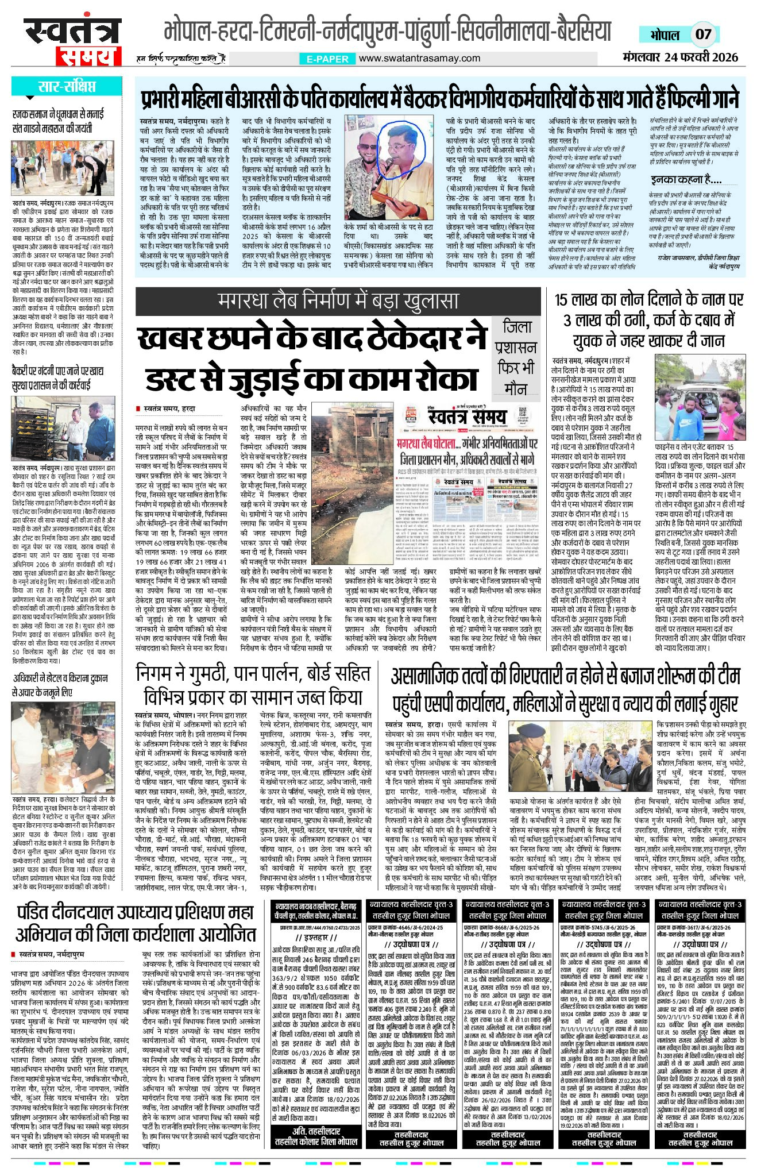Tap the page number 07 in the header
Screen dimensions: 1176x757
tap(703, 34)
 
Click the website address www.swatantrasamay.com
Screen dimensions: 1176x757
tap(420, 58)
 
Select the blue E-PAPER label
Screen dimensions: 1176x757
tap(327, 59)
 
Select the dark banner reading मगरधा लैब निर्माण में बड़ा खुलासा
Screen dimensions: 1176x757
tap(338, 301)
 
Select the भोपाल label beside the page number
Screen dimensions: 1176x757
tap(665, 34)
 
